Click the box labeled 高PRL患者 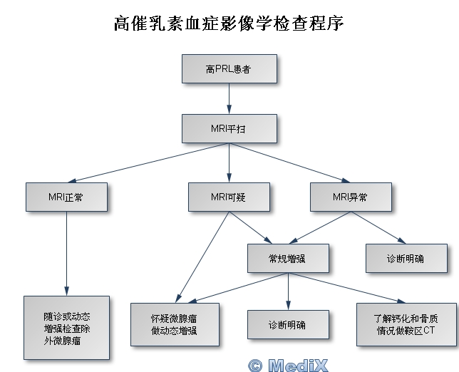(x=229, y=70)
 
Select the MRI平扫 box (x=229, y=129)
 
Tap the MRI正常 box (x=66, y=197)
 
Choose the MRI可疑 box (x=229, y=197)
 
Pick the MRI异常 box (x=351, y=197)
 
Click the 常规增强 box (x=289, y=258)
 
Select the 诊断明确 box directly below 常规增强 (x=288, y=324)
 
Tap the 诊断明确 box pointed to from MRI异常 (x=406, y=258)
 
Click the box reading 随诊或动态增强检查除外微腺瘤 (x=66, y=327)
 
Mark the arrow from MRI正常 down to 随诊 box (x=66, y=253)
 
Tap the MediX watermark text (x=288, y=365)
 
